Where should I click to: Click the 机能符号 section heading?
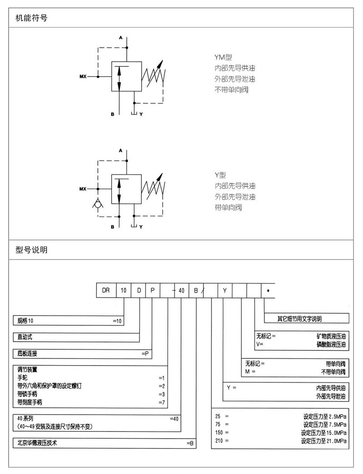(31, 18)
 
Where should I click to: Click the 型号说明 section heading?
(31, 250)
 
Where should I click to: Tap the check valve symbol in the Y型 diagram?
(98, 204)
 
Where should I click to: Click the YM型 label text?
(223, 57)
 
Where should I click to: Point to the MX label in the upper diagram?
(83, 77)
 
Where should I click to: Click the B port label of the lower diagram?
(113, 227)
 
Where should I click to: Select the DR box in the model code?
(106, 290)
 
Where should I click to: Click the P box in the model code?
(153, 290)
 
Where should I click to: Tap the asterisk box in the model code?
(268, 291)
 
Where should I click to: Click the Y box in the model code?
(225, 290)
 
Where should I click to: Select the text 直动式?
(25, 337)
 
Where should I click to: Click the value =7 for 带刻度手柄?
(162, 402)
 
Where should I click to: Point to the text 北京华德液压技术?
(37, 443)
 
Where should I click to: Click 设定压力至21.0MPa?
(324, 441)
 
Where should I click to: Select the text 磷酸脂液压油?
(331, 344)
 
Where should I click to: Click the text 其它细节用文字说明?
(299, 319)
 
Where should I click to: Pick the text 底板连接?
(27, 353)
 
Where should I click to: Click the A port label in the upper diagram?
(121, 38)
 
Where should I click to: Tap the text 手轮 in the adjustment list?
(22, 377)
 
